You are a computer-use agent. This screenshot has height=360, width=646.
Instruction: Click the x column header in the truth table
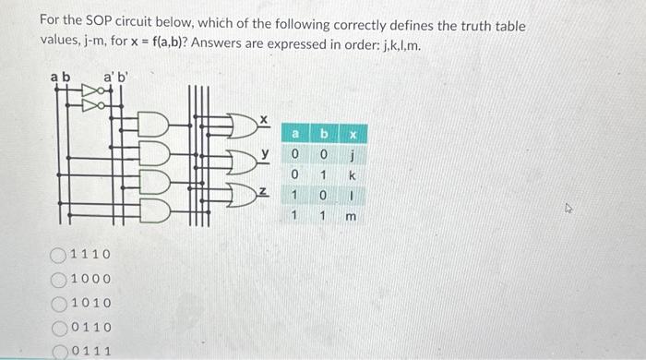[x=351, y=135]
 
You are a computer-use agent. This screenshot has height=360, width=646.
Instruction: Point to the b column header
[x=323, y=135]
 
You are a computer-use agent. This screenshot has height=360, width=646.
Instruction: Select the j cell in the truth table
[x=351, y=154]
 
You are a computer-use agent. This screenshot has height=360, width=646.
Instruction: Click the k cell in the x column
[x=351, y=174]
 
